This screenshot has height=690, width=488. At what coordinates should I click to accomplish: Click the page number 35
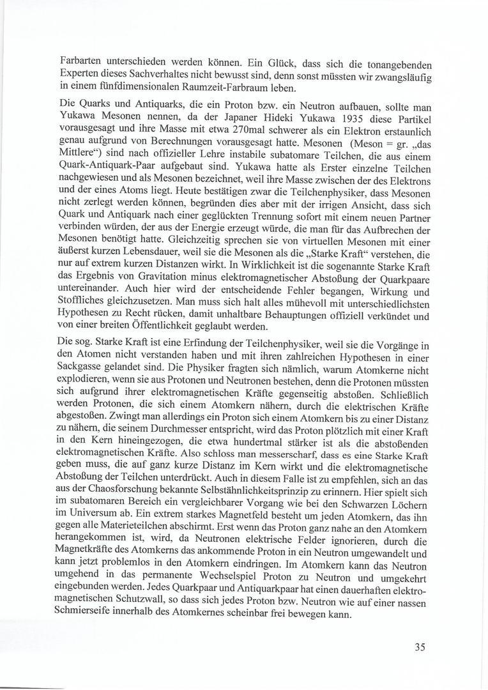420,646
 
